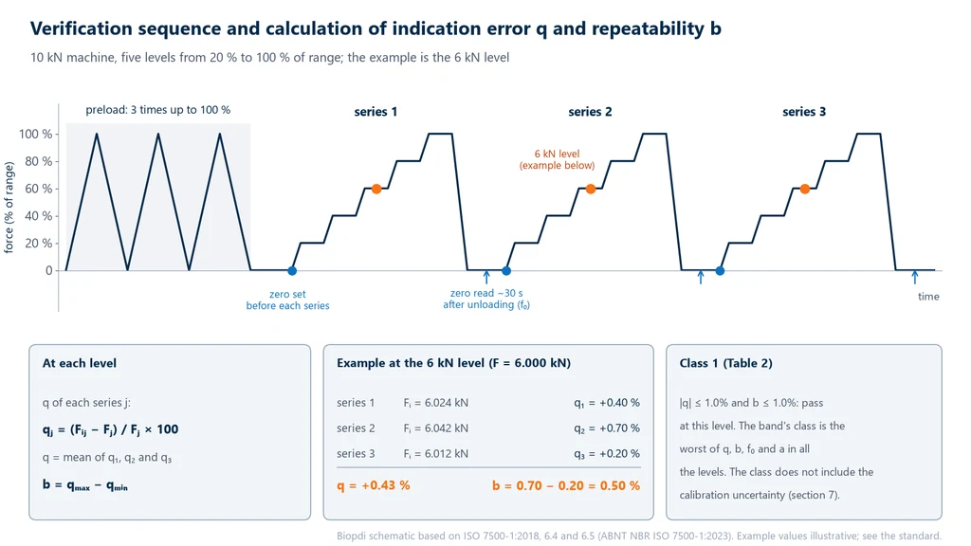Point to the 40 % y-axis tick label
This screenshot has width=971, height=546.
[38, 216]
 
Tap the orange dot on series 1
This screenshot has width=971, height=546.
[376, 189]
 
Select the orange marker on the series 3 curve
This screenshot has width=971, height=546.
[804, 189]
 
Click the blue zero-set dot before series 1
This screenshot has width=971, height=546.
[292, 270]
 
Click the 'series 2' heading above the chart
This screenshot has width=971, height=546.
[590, 112]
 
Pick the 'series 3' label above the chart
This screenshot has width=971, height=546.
[804, 112]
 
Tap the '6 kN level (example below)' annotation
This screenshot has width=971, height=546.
[557, 159]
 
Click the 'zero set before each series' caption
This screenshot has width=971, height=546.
[287, 300]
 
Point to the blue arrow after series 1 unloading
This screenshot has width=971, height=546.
[486, 277]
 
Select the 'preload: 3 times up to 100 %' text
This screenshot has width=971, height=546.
[158, 110]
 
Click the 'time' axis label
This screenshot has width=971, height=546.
[928, 297]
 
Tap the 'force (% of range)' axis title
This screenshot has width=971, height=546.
[9, 208]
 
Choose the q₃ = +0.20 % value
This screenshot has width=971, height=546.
[607, 454]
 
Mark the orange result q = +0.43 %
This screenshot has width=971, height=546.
[374, 485]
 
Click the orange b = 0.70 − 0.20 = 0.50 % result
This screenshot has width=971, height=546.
[566, 486]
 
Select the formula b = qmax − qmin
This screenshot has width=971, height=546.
[84, 484]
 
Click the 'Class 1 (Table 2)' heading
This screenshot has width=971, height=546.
[725, 363]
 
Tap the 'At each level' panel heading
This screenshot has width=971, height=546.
[80, 363]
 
